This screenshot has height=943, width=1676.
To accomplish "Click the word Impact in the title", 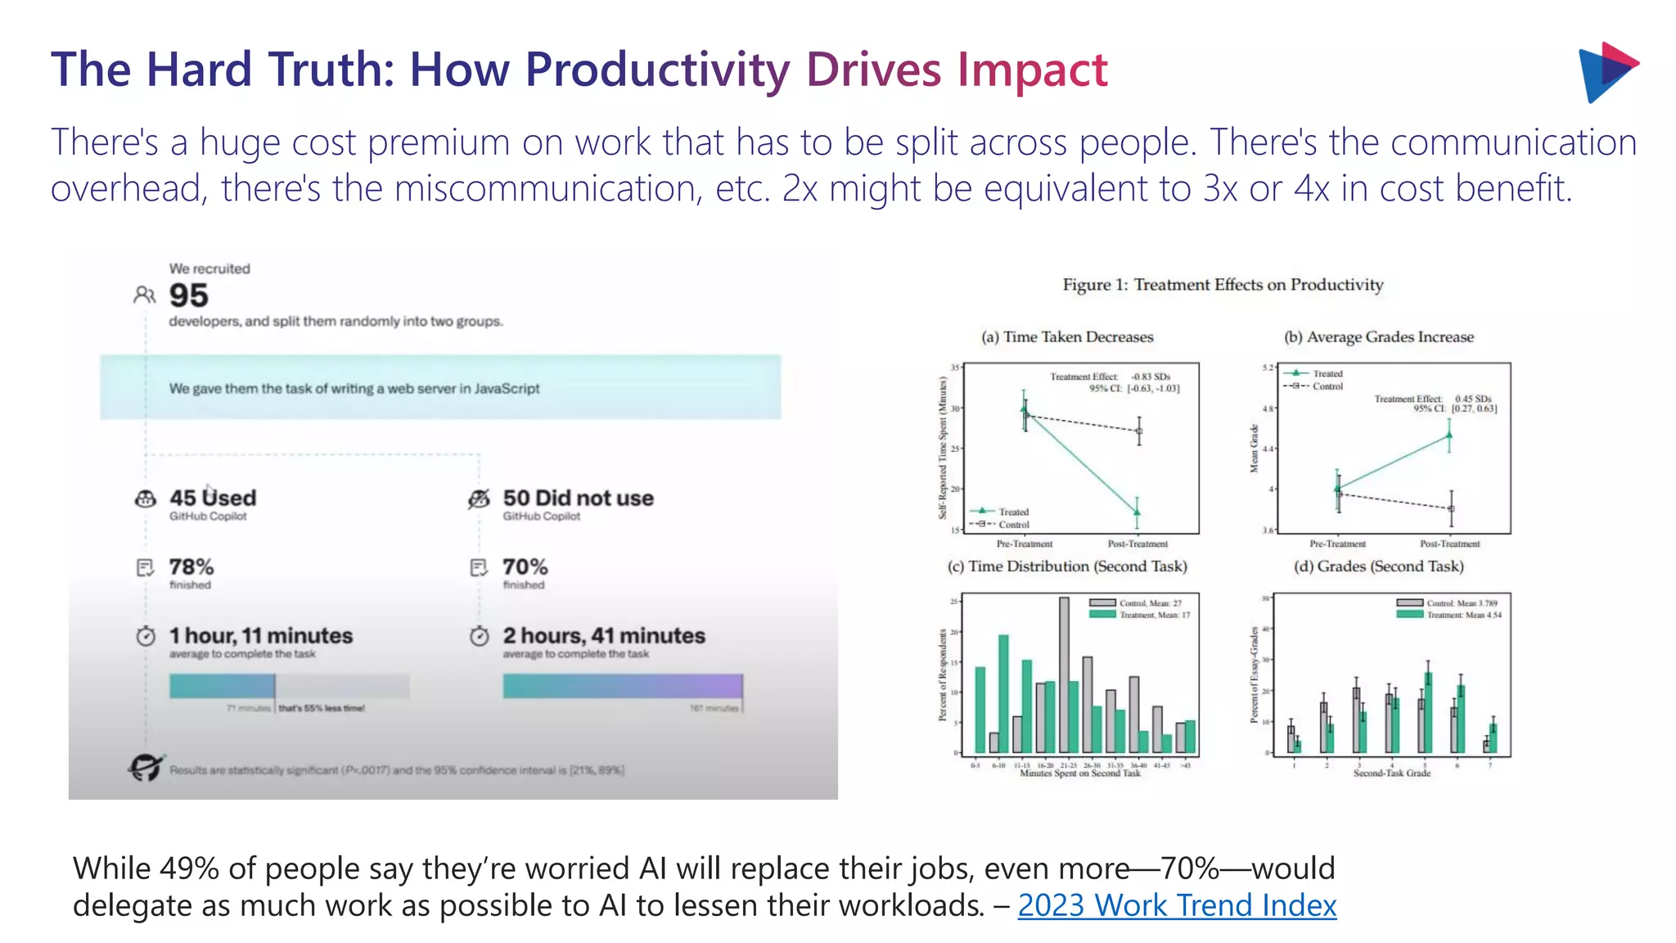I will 1032,70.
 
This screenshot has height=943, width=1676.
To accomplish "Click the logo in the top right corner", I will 1606,72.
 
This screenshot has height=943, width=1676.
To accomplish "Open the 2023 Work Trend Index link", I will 1176,905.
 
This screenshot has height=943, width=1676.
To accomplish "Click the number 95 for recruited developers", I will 189,296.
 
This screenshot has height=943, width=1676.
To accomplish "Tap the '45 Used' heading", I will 213,498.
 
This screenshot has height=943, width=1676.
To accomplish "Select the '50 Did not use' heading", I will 578,498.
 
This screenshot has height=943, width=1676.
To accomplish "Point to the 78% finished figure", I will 191,566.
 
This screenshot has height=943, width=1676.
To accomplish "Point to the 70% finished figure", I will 525,566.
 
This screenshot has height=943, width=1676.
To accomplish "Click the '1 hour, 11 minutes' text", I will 261,635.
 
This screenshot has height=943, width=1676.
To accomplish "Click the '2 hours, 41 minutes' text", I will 604,635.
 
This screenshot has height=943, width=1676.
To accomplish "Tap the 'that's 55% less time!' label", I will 322,708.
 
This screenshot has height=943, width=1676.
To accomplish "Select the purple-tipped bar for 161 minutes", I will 623,686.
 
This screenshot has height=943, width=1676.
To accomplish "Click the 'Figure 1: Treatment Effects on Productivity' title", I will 1223,285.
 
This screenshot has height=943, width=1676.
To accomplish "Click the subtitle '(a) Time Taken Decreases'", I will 1067,337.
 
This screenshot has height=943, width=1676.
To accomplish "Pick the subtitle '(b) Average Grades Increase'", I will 1378,337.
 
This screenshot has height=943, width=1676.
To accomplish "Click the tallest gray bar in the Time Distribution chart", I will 1064,675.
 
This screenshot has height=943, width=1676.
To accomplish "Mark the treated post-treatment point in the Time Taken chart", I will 1137,512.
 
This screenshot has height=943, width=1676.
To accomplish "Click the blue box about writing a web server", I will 440,388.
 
